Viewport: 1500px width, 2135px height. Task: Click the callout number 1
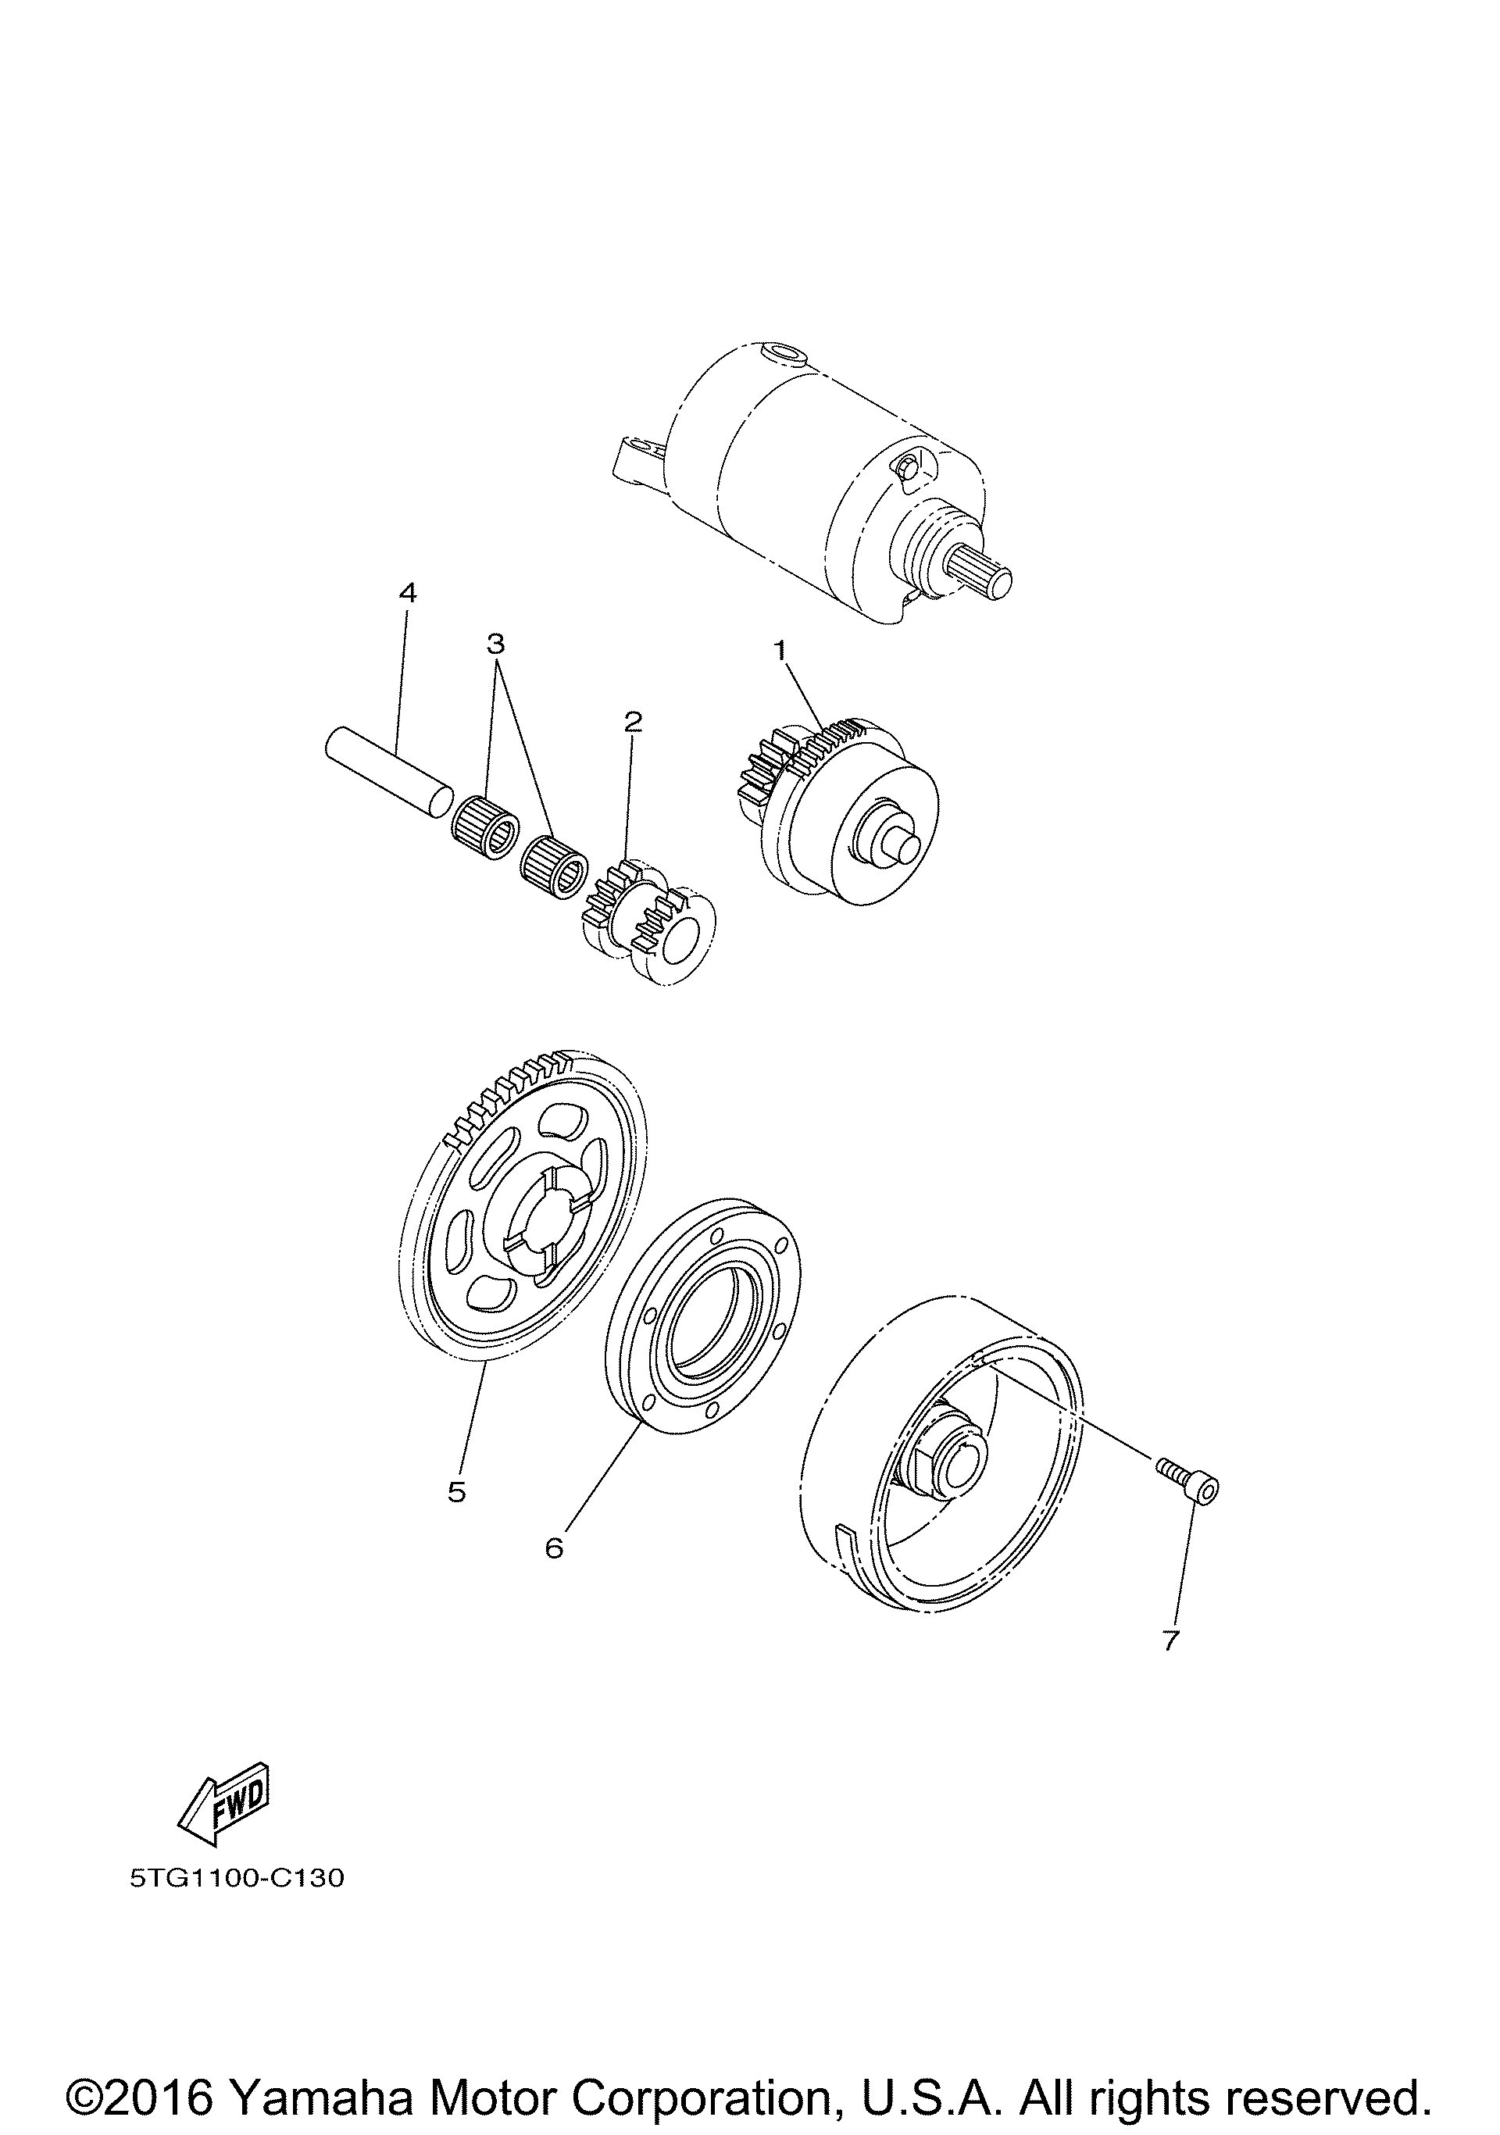pos(781,650)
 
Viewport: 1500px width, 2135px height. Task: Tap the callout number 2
pos(634,721)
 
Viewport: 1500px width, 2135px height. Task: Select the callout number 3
pos(495,643)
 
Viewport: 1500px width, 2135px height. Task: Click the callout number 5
pos(455,1491)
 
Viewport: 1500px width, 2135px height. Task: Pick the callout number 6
pos(554,1548)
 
